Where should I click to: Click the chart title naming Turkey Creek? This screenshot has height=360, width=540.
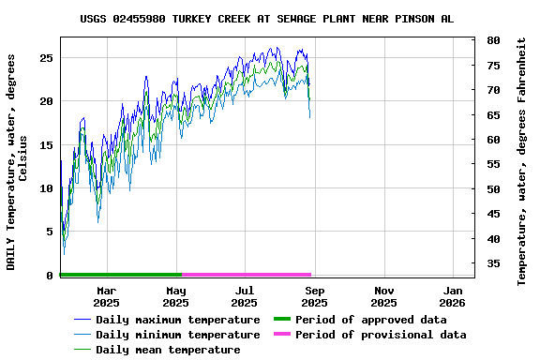267,19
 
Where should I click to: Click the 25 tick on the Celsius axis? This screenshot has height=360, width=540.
45,58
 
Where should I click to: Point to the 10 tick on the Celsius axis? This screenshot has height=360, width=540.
45,188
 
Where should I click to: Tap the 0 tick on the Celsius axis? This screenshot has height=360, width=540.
49,276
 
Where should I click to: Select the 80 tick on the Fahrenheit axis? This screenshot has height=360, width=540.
493,40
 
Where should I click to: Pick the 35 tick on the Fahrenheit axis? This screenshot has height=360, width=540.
493,263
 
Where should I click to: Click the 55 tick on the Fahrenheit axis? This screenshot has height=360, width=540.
493,164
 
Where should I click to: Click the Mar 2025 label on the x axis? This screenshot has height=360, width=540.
106,296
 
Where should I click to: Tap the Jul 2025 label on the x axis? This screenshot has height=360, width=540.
244,296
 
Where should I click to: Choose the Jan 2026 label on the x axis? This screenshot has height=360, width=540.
452,296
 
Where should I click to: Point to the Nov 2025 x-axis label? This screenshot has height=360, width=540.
383,296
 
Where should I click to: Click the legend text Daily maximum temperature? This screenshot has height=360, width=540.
177,320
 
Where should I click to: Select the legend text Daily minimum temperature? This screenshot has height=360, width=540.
177,335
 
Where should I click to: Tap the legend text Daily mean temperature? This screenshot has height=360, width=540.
168,350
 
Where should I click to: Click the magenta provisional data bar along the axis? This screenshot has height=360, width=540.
246,275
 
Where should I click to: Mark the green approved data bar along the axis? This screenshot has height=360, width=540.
120,275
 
